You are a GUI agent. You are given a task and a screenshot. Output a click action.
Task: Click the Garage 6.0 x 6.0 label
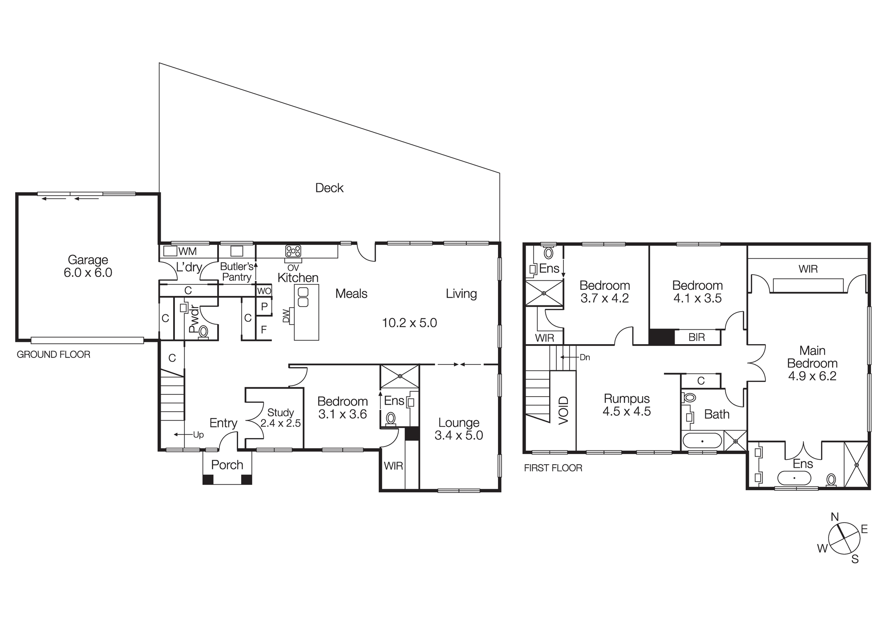point(88,266)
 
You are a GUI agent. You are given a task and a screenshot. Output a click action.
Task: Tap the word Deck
point(329,188)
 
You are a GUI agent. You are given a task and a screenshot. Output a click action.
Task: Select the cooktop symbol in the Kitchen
point(293,251)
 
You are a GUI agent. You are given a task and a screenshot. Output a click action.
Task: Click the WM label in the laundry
point(187,252)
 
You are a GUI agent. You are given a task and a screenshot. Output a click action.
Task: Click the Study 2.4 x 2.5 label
point(280,418)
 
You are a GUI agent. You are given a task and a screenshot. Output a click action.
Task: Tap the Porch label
point(227,465)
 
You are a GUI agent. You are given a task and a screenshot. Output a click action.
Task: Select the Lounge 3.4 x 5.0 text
point(459,429)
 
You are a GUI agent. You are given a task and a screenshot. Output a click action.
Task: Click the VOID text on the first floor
point(563,410)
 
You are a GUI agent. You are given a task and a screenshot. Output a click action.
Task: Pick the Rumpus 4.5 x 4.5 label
point(627,405)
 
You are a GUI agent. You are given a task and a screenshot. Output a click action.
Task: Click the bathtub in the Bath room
point(702,441)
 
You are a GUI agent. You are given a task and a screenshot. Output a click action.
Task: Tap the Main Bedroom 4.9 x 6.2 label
point(812,363)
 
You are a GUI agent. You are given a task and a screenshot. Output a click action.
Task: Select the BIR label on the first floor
point(696,337)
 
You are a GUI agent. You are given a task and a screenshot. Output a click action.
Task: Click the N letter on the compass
point(835,517)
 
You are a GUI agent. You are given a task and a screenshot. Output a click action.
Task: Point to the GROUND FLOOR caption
point(53,355)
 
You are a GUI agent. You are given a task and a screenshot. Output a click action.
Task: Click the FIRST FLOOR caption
point(553,468)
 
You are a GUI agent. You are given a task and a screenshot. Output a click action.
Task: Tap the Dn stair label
point(584,357)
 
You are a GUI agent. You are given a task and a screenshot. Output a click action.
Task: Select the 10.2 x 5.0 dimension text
point(409,323)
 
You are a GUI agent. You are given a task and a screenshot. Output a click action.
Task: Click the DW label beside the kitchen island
point(286,316)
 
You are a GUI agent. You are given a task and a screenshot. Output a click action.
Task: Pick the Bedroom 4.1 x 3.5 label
point(697,292)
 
